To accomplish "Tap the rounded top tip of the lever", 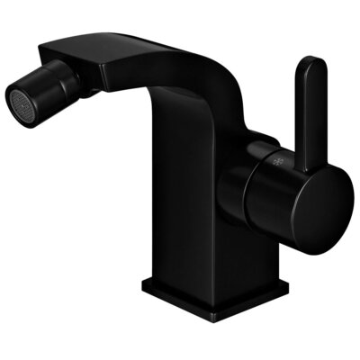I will [x=310, y=65].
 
